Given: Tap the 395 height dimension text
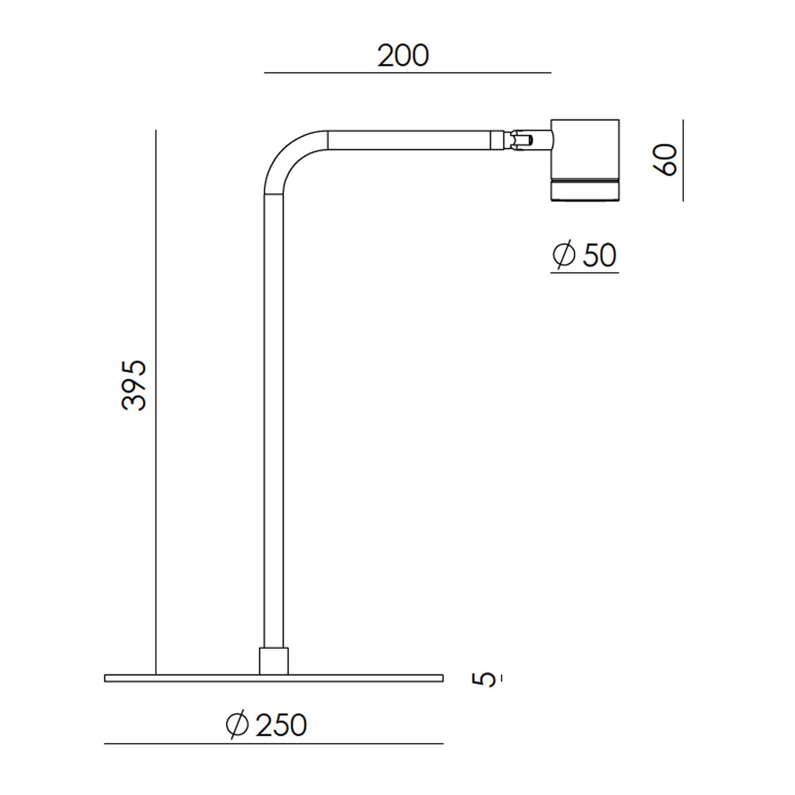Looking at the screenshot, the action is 134,385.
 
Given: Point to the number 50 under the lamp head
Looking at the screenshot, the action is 599,256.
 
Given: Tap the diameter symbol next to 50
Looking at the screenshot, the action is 564,255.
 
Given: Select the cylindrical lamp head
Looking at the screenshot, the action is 585,161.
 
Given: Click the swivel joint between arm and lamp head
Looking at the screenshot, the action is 527,140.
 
